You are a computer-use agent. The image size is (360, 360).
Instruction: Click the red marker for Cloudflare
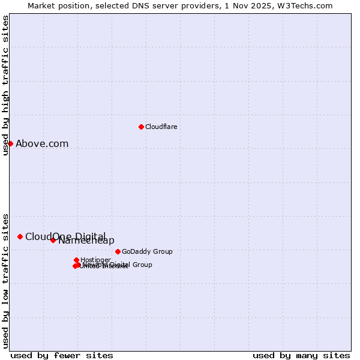[x=141, y=127]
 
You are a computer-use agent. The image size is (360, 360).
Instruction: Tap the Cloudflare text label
[x=161, y=127]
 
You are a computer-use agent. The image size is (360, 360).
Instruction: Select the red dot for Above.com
[x=10, y=143]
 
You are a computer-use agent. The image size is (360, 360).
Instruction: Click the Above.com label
[x=42, y=143]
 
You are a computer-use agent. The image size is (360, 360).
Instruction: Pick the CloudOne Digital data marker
[x=20, y=236]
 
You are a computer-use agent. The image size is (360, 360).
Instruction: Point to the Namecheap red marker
[x=53, y=240]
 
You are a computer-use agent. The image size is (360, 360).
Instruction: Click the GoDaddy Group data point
[x=118, y=251]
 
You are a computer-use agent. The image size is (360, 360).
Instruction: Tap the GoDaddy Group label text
[x=147, y=251]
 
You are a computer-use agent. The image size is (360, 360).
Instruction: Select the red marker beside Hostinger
[x=76, y=260]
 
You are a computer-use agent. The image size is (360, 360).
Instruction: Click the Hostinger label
[x=95, y=260]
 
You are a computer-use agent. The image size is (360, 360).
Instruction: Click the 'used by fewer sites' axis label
[x=62, y=355]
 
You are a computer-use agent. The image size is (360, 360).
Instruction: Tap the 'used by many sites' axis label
[x=301, y=355]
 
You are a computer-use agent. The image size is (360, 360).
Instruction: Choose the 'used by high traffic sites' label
[x=5, y=85]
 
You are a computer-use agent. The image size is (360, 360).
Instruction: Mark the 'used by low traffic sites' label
[x=5, y=280]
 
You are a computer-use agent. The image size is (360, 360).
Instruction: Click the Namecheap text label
[x=86, y=241]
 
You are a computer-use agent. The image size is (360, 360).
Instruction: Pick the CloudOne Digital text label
[x=65, y=236]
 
